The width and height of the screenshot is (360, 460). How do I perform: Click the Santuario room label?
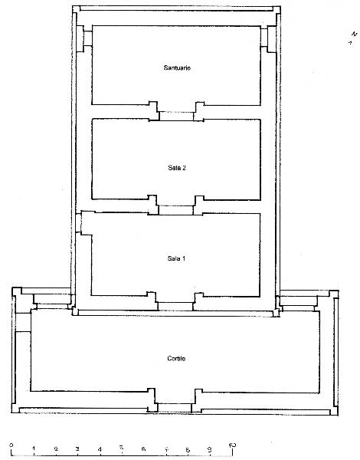click(x=177, y=67)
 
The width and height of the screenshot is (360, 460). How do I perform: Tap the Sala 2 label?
click(x=177, y=168)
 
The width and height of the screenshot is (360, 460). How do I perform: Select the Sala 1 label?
click(x=176, y=258)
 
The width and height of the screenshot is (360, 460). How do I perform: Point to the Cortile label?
click(x=176, y=359)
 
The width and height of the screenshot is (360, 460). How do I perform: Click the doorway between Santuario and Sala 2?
click(x=176, y=116)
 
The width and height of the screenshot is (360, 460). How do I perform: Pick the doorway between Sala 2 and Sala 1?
click(x=176, y=210)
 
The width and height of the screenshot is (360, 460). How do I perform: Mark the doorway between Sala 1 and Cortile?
click(x=175, y=306)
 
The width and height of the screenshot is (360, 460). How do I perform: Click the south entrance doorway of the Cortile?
click(x=175, y=408)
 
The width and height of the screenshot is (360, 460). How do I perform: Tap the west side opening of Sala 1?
click(x=78, y=224)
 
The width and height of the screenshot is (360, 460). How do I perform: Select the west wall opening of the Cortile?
click(x=23, y=323)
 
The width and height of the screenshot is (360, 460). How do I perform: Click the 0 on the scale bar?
click(x=11, y=445)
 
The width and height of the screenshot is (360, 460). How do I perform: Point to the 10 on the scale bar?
click(x=232, y=445)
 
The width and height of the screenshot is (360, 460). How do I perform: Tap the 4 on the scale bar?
click(x=100, y=449)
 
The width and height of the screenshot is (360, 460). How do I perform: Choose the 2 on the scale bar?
click(x=56, y=449)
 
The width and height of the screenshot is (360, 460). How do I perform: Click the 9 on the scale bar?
click(x=210, y=449)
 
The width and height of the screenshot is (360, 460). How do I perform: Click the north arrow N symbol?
click(x=354, y=34)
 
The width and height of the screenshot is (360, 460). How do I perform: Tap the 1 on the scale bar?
click(x=34, y=449)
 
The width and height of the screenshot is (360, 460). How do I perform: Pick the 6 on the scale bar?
click(x=143, y=449)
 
